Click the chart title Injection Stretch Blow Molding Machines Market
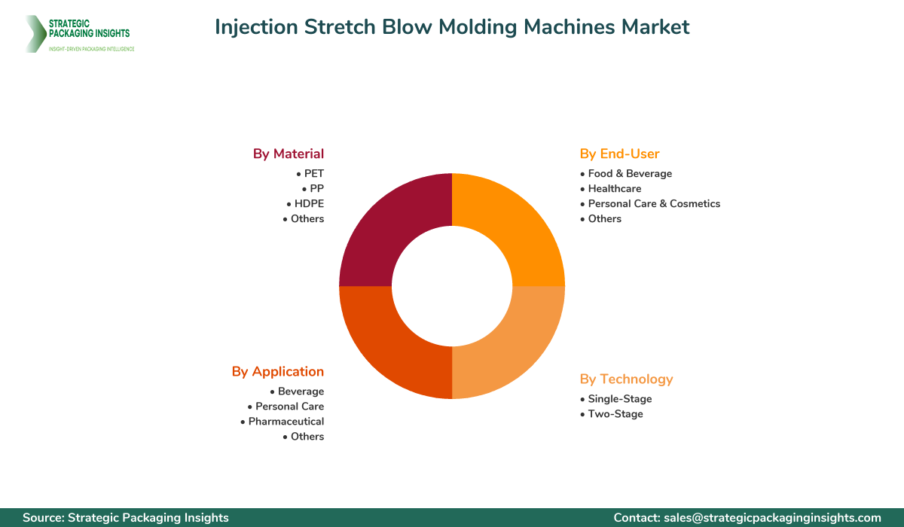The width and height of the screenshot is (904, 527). pyautogui.click(x=452, y=27)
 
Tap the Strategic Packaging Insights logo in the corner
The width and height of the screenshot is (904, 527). pyautogui.click(x=79, y=33)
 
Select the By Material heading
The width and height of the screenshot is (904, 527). pyautogui.click(x=288, y=154)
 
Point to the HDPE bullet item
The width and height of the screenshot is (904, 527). pyautogui.click(x=308, y=203)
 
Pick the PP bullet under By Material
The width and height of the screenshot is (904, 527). pyautogui.click(x=316, y=188)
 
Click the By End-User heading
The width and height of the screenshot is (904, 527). pyautogui.click(x=619, y=154)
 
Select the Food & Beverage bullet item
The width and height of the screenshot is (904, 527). pyautogui.click(x=630, y=173)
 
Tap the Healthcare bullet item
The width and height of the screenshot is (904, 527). pyautogui.click(x=615, y=188)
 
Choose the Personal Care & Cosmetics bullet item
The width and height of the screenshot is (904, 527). pyautogui.click(x=654, y=203)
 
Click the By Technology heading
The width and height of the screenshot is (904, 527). pyautogui.click(x=626, y=379)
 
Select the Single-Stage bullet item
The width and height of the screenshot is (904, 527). pyautogui.click(x=619, y=398)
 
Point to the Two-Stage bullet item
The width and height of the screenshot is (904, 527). pyautogui.click(x=615, y=413)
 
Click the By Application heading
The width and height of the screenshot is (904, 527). pyautogui.click(x=277, y=371)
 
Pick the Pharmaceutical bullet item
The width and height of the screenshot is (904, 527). pyautogui.click(x=286, y=421)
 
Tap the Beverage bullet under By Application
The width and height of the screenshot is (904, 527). pyautogui.click(x=301, y=391)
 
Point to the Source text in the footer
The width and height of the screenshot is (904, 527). pyautogui.click(x=126, y=517)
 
